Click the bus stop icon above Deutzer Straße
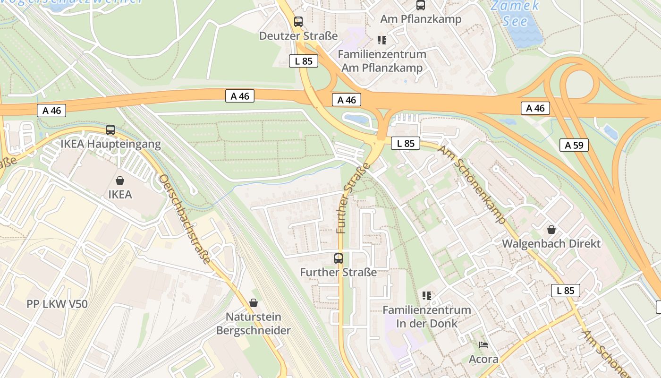[x=298, y=21]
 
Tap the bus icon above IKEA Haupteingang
[x=110, y=129]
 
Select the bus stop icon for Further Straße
[x=339, y=258]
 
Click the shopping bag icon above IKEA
[x=120, y=180]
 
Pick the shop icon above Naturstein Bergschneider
[x=254, y=302]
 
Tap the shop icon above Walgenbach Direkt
[x=551, y=230]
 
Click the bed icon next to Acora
[x=483, y=345]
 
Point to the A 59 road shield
[x=574, y=145]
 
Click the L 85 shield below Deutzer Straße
[x=304, y=61]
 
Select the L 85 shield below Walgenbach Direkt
[x=565, y=291]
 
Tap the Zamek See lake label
[x=515, y=13]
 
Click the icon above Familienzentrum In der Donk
[x=427, y=296]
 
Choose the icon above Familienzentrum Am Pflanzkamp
[x=382, y=40]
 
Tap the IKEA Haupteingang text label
[x=110, y=144]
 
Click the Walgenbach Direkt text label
[x=551, y=244]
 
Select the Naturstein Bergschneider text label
[x=254, y=324]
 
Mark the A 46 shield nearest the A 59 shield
[x=535, y=108]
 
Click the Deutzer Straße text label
[x=298, y=36]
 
